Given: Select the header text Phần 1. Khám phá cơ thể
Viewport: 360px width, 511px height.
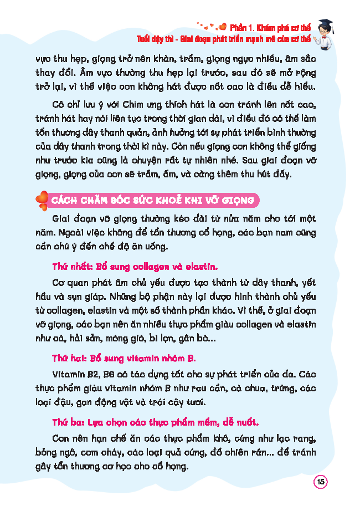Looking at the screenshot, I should click(x=271, y=27).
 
